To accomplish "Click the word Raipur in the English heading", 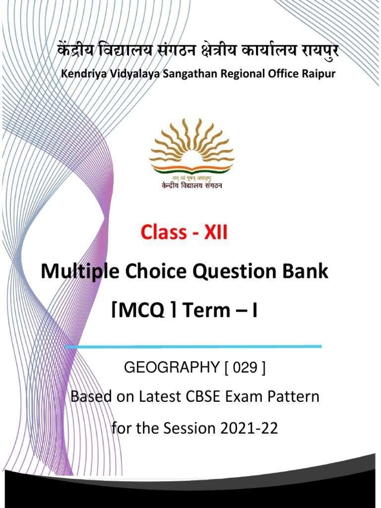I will click(x=318, y=74).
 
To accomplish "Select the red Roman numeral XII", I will click(x=213, y=232).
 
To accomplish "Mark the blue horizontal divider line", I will click(x=193, y=346).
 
